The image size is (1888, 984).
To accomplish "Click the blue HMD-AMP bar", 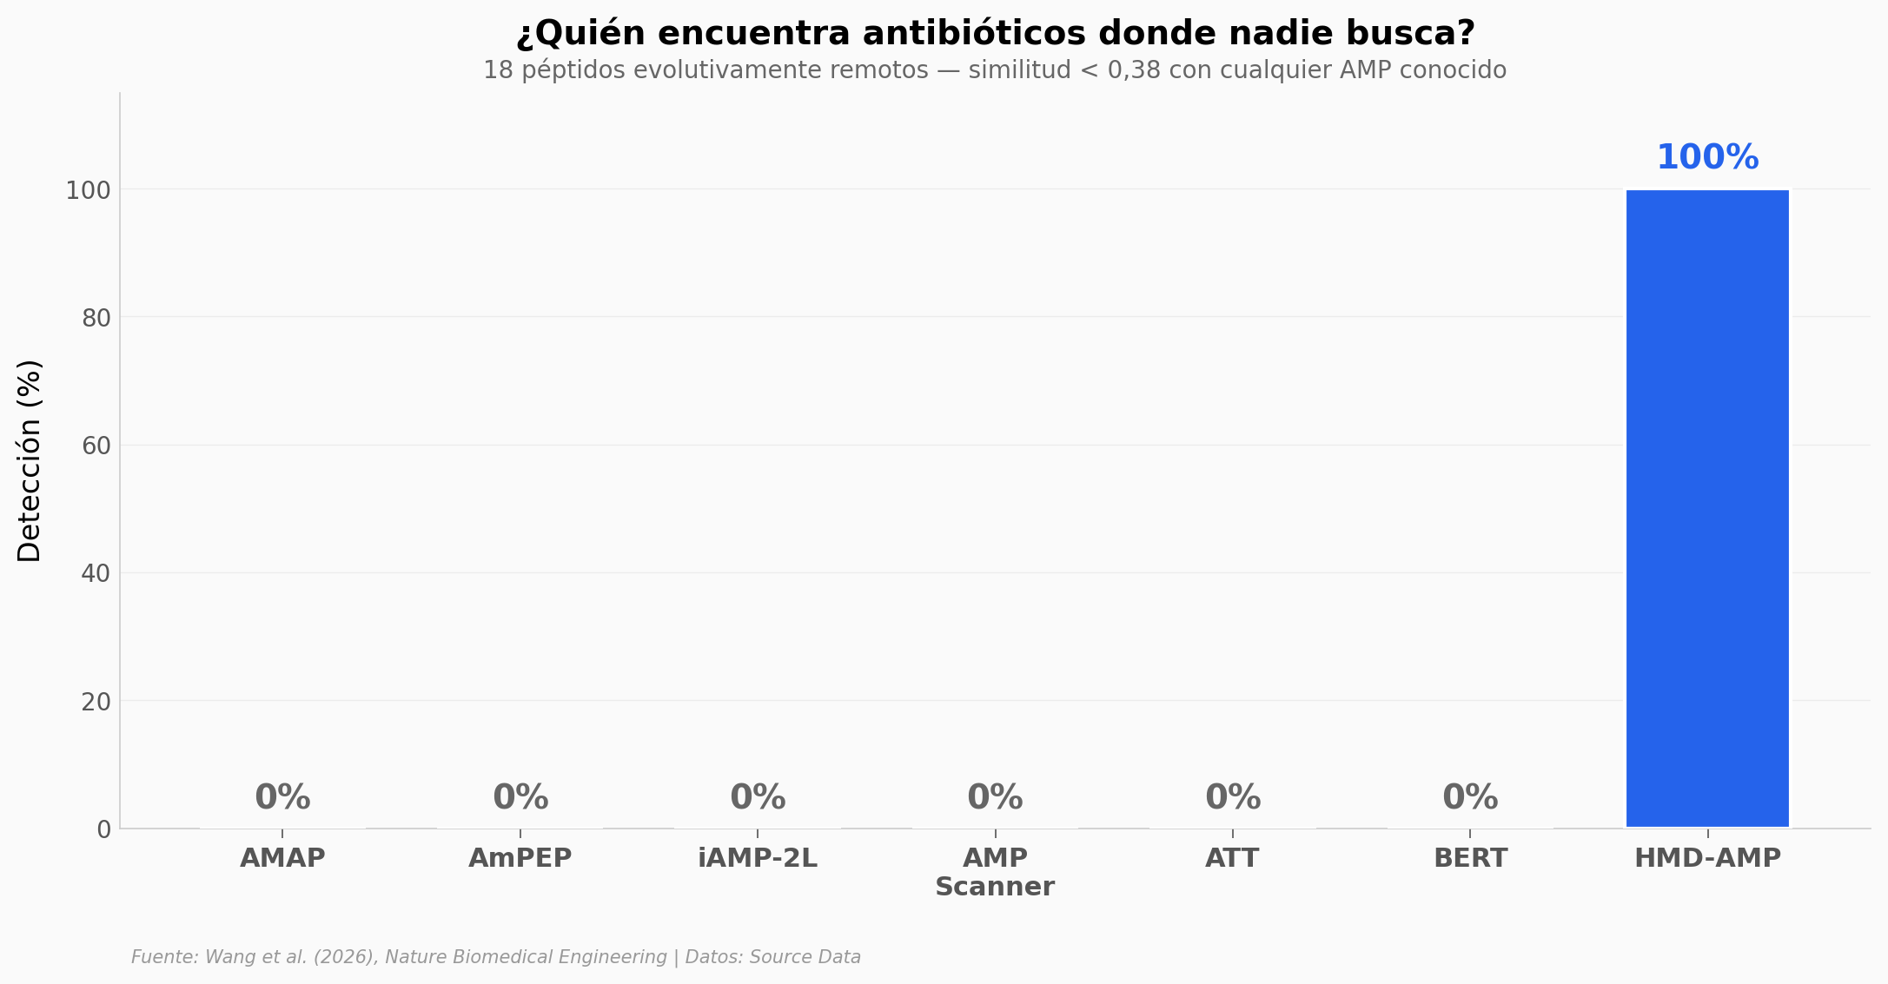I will point(1707,508).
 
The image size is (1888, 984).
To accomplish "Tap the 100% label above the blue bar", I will point(1707,158).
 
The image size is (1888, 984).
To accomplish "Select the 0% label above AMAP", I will point(282,797).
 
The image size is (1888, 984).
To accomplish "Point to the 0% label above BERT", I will point(1470,797).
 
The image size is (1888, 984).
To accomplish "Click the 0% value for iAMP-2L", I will point(758,797).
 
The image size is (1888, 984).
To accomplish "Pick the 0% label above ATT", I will point(1233,797).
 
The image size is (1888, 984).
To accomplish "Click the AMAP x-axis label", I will point(282,858).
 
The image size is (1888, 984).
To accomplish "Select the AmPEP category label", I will point(520,858).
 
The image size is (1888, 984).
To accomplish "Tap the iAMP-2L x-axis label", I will point(758,858).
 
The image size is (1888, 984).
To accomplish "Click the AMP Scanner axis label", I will point(995,872).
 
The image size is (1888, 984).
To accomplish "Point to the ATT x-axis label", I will point(1232,858).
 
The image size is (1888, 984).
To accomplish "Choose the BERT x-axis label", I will point(1470,858).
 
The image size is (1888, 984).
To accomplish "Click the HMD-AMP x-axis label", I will point(1707,858).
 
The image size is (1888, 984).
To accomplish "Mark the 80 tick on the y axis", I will point(96,319).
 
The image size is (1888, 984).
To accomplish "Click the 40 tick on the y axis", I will point(96,574).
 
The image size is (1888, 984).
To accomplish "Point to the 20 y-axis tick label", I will point(96,702).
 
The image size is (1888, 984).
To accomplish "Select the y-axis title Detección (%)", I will point(30,460).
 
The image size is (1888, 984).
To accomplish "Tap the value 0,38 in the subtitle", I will point(1134,70).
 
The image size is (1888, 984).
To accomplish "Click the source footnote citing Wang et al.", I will point(495,957).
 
